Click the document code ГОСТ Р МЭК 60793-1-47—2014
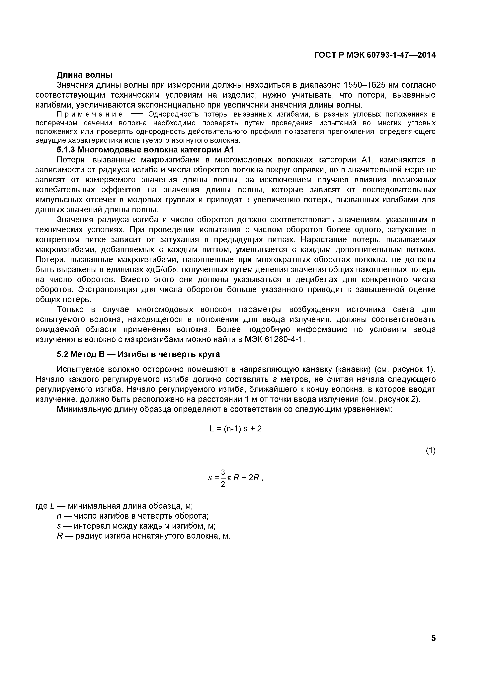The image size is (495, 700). tap(375, 55)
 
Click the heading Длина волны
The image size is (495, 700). tap(84, 75)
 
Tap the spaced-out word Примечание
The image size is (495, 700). tap(90, 114)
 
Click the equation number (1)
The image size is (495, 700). tap(430, 450)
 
